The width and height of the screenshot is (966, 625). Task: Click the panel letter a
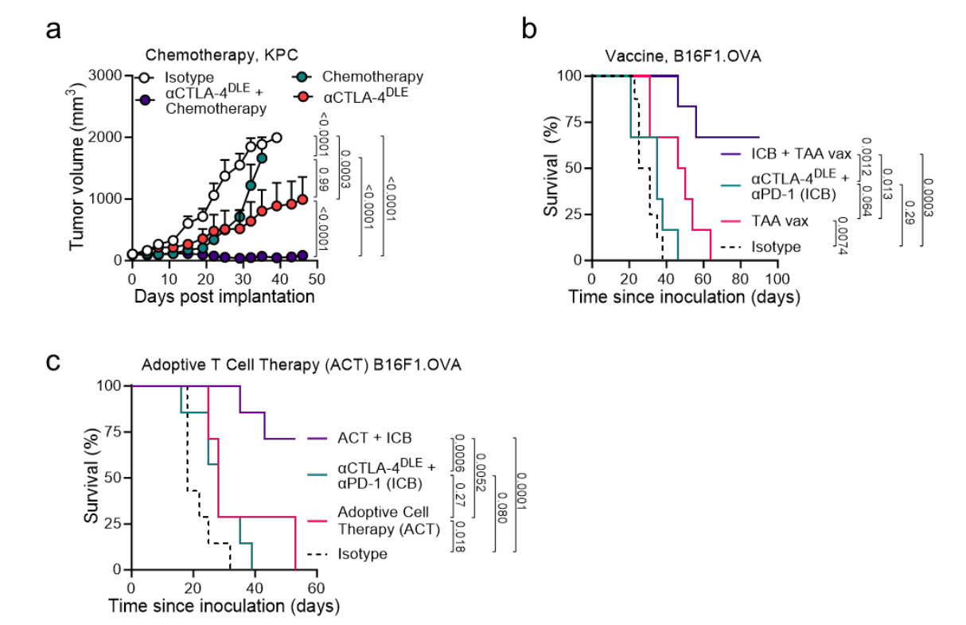[x=53, y=29]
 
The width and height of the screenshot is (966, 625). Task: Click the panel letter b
[x=529, y=29]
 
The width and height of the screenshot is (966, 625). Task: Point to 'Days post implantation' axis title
[x=224, y=297]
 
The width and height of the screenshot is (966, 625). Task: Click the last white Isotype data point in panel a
[x=276, y=138]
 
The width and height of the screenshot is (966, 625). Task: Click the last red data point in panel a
[x=302, y=199]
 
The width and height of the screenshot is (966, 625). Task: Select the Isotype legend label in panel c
[x=363, y=553]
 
